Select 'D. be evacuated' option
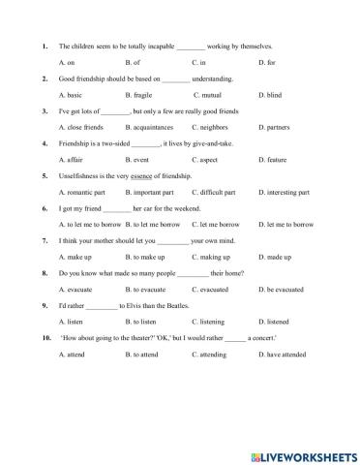[280, 289]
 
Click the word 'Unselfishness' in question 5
[80, 175]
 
